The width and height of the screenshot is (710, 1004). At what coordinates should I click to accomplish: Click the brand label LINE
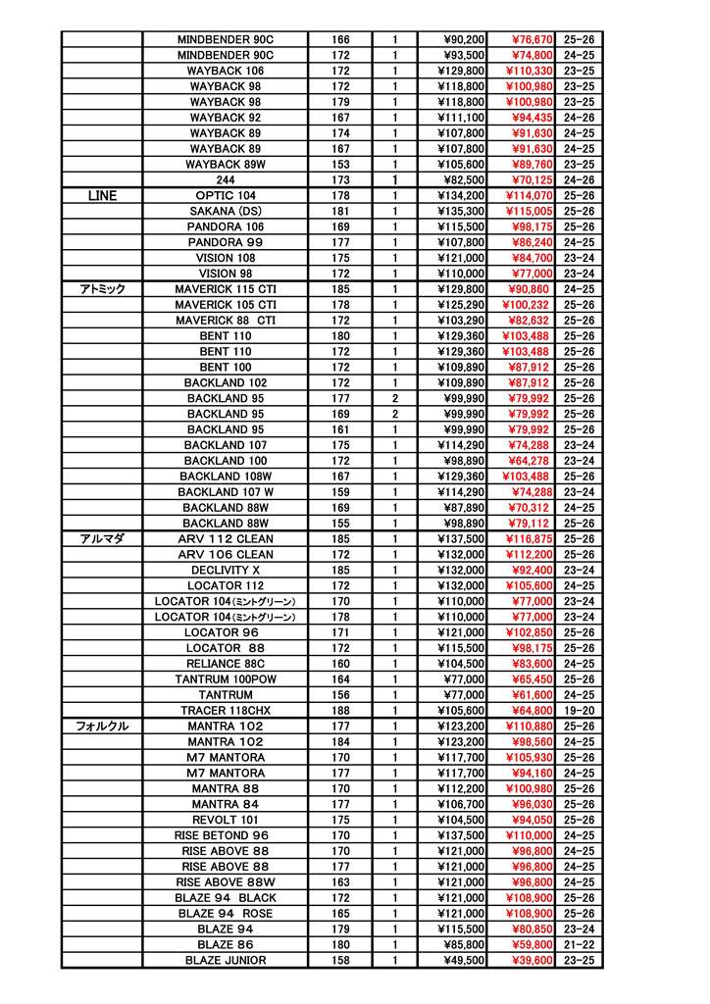pyautogui.click(x=102, y=196)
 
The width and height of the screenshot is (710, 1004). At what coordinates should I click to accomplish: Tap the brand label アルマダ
pyautogui.click(x=102, y=539)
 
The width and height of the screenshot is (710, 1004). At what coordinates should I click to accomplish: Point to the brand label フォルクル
pyautogui.click(x=102, y=727)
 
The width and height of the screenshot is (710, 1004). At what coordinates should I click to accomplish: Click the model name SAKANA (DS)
pyautogui.click(x=226, y=212)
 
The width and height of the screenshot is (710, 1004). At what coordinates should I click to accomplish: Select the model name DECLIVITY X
pyautogui.click(x=226, y=571)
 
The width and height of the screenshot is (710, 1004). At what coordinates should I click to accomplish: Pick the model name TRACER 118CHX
pyautogui.click(x=226, y=711)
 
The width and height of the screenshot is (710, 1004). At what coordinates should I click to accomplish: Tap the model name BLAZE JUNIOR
pyautogui.click(x=226, y=961)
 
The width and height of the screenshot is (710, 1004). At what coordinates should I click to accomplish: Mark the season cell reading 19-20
pyautogui.click(x=580, y=711)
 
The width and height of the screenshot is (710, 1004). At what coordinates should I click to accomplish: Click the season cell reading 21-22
pyautogui.click(x=580, y=945)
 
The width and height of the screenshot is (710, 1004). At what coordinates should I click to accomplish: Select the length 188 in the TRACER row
pyautogui.click(x=340, y=711)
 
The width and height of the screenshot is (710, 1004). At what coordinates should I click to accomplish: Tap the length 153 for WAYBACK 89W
pyautogui.click(x=340, y=165)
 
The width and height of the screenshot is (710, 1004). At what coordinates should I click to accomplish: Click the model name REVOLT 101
pyautogui.click(x=226, y=821)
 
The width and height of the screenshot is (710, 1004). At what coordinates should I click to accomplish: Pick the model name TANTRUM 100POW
pyautogui.click(x=226, y=679)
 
